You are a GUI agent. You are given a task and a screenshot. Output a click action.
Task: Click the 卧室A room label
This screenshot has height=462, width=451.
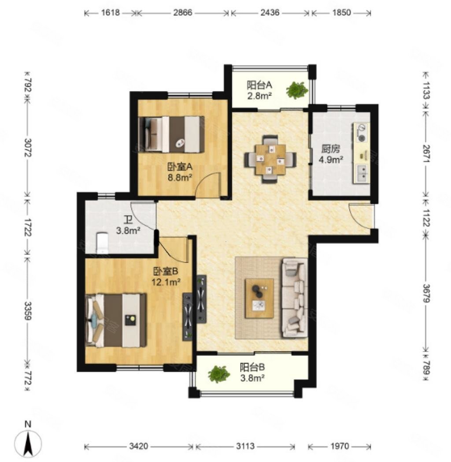(180, 167)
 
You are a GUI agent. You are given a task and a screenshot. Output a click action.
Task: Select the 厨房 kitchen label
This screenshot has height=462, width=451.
(330, 149)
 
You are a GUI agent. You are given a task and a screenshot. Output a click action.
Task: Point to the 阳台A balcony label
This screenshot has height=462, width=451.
(259, 85)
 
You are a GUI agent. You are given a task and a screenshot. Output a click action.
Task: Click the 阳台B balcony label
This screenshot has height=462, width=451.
(252, 367)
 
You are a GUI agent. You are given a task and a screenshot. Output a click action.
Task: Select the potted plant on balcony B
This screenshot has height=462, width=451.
(219, 374)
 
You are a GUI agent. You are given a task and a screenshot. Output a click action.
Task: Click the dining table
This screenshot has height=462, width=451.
(270, 159)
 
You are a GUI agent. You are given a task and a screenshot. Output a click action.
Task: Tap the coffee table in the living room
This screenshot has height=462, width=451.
(259, 298)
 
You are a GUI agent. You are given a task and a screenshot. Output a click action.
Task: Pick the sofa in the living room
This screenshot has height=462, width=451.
(295, 298)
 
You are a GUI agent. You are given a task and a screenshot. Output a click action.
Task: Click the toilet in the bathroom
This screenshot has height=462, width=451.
(102, 243)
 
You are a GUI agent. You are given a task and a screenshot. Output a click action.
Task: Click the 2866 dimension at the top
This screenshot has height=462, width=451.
(182, 13)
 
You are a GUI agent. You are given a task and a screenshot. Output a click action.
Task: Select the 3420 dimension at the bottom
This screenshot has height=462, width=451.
(138, 447)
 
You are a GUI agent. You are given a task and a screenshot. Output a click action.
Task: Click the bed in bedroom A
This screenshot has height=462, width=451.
(172, 134)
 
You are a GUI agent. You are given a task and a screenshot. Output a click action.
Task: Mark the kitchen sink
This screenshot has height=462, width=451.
(362, 174)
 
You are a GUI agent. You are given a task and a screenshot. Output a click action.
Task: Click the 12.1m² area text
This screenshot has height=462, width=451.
(166, 282)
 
